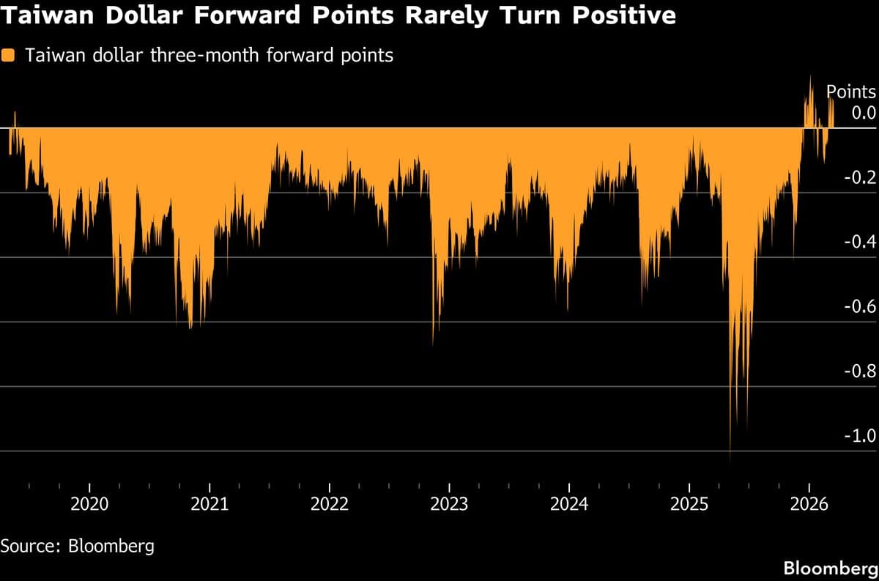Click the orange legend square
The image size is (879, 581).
[x=9, y=56]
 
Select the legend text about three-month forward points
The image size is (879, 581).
[x=209, y=56]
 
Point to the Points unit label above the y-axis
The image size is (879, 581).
[x=851, y=92]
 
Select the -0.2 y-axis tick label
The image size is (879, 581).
[x=859, y=177]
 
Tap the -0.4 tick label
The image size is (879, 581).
[x=859, y=242]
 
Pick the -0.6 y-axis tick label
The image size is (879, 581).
[x=859, y=307]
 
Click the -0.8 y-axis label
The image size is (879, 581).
[x=859, y=371]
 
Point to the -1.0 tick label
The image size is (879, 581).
[x=859, y=436]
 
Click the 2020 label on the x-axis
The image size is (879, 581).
[x=89, y=505]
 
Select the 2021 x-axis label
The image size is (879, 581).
[x=209, y=505]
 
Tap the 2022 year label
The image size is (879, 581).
[x=330, y=505]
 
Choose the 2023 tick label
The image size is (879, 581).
[x=449, y=505]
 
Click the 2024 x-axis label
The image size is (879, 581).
[x=569, y=505]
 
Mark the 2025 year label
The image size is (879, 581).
[x=689, y=505]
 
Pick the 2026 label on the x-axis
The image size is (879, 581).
[x=809, y=505]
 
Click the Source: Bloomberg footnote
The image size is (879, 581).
[x=78, y=547]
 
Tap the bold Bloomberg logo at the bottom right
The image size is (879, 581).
[x=829, y=568]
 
